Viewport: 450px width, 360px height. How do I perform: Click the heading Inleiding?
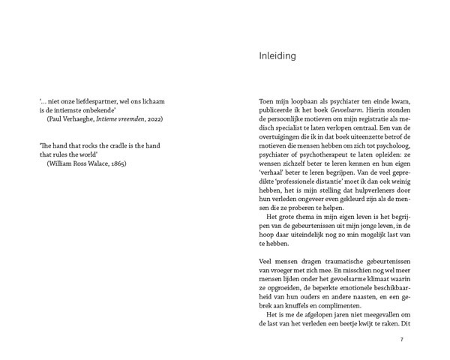(276, 56)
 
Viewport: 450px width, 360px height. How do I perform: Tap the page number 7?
(401, 340)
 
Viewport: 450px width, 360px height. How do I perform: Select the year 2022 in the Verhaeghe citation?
(154, 118)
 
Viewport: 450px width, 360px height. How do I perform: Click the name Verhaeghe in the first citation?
(81, 118)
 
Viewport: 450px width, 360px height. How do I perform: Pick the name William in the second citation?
(61, 162)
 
